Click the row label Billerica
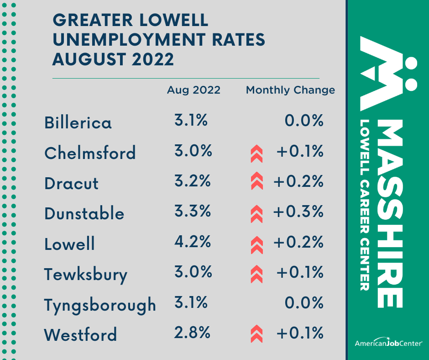tap(78, 122)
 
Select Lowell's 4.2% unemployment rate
tap(192, 242)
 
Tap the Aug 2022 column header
tap(194, 90)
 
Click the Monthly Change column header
tap(290, 90)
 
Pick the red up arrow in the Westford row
tap(257, 334)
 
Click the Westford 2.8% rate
tap(192, 333)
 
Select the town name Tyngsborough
tap(100, 305)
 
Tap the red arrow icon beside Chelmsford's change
tap(257, 154)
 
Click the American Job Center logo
tap(388, 343)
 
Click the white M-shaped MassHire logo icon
tap(388, 73)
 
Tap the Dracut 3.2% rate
tap(192, 181)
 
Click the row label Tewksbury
tap(86, 275)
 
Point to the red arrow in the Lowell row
tap(257, 244)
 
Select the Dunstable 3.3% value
tap(192, 212)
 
